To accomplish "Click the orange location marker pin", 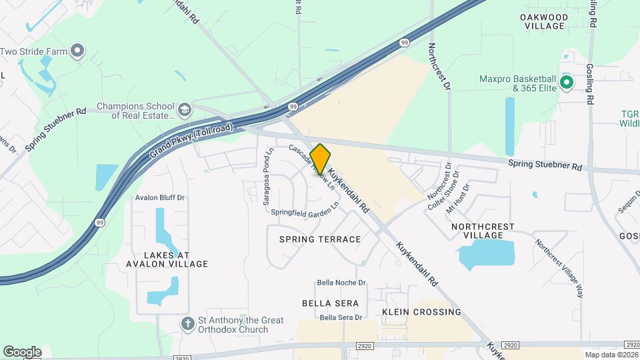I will pos(320,159).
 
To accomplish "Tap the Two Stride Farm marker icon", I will pos(78,51).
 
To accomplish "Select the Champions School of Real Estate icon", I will pos(184,109).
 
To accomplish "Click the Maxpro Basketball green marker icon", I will pos(567,83).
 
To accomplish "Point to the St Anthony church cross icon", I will pos(189,324).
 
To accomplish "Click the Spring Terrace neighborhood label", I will pos(320,239).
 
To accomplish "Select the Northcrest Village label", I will pos(483,231).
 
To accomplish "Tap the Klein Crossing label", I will pos(422,311).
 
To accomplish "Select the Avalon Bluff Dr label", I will pos(159,198).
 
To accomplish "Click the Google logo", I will pos(22,351).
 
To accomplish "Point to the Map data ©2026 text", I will pos(611,355).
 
